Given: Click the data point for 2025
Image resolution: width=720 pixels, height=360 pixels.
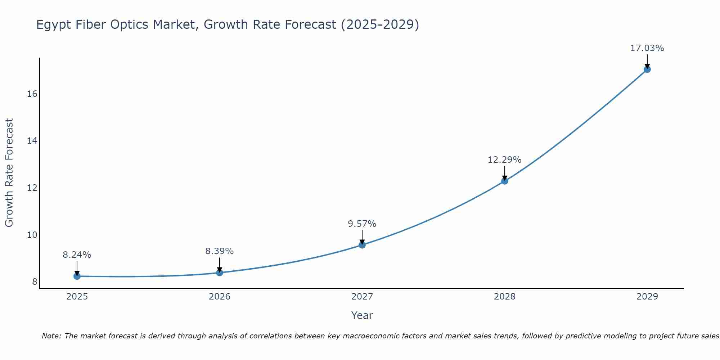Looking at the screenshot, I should coord(77,276).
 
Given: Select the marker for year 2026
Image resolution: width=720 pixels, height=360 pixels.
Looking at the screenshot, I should coord(220,273).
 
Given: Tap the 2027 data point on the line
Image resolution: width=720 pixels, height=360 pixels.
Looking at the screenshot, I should coord(362,245).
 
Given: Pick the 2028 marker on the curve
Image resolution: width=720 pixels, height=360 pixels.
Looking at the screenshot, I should coord(505,181).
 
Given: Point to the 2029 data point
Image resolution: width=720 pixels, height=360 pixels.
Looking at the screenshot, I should coord(647,69).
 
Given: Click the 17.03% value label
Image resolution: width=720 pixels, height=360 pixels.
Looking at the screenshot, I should coord(647,48).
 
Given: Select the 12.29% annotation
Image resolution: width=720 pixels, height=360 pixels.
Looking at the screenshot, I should coord(504,160).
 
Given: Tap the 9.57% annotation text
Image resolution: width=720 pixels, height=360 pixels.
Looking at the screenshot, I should coord(362,224).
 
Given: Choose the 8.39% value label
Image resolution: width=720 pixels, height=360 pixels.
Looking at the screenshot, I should coord(219,251).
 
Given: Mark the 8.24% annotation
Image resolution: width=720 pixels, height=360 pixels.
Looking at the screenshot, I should coord(77,255).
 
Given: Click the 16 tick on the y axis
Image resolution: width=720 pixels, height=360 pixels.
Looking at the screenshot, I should coord(32,94).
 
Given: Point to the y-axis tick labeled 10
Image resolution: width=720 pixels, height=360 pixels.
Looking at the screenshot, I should coord(32,235).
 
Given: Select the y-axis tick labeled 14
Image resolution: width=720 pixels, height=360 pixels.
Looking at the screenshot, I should coord(32,141).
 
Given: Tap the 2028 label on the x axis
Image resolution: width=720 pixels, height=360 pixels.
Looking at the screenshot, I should coord(504,297).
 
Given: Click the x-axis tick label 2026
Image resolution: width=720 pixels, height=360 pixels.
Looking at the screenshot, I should coord(220,297).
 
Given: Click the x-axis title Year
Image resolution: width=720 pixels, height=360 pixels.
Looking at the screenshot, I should coord(362,315).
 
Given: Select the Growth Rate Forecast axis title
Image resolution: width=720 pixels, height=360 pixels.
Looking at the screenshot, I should coord(9,172).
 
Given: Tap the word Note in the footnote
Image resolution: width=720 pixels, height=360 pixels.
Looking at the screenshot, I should coord(51,336).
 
